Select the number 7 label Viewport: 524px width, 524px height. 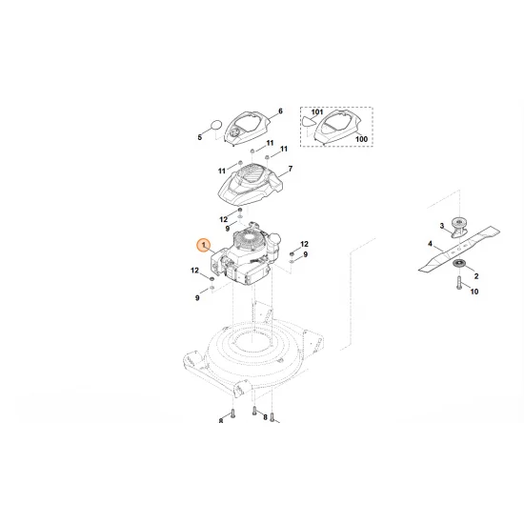(290, 170)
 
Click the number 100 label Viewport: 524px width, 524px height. (361, 140)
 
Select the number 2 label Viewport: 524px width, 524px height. (475, 274)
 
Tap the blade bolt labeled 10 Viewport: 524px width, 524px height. (458, 283)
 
